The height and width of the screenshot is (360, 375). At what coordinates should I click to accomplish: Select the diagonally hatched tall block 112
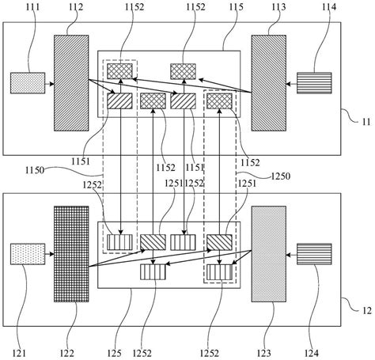pos(72,82)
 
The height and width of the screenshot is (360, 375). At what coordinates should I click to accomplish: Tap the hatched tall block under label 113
pos(267,82)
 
